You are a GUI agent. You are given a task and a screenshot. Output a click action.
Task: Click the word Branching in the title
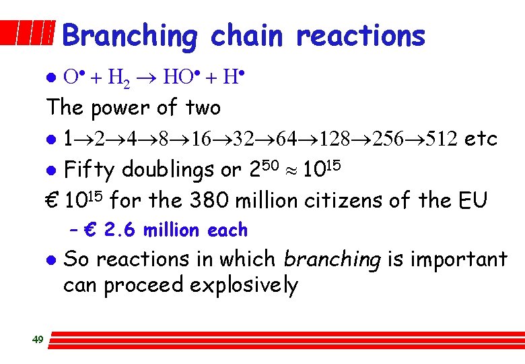pyautogui.click(x=130, y=36)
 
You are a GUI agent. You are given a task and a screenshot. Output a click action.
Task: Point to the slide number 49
pyautogui.click(x=38, y=339)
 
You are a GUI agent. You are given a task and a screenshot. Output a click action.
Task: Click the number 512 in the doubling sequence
pyautogui.click(x=440, y=139)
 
